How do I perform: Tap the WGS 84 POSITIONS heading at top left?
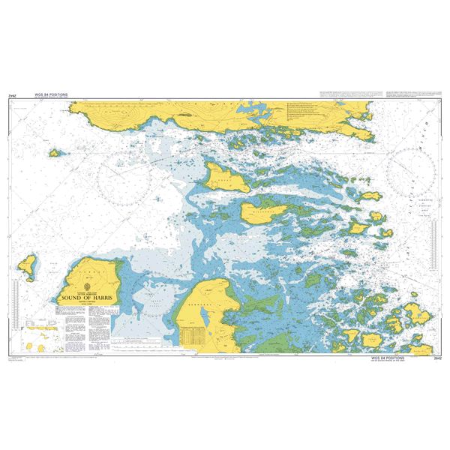(51, 95)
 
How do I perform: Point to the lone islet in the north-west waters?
(55, 153)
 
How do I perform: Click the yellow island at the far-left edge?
(28, 263)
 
